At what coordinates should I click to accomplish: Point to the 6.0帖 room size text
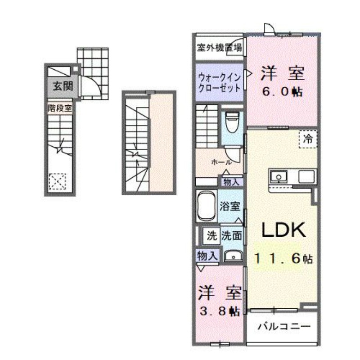pyautogui.click(x=282, y=92)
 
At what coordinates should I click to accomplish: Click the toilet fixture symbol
pyautogui.click(x=232, y=121)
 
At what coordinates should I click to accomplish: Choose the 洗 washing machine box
pyautogui.click(x=211, y=235)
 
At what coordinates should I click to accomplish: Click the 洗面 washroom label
pyautogui.click(x=232, y=235)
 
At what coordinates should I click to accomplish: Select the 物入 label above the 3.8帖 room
pyautogui.click(x=207, y=256)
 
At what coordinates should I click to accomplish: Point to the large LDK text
pyautogui.click(x=284, y=231)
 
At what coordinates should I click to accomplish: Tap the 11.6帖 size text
pyautogui.click(x=283, y=259)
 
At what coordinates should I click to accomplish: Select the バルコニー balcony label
pyautogui.click(x=283, y=326)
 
